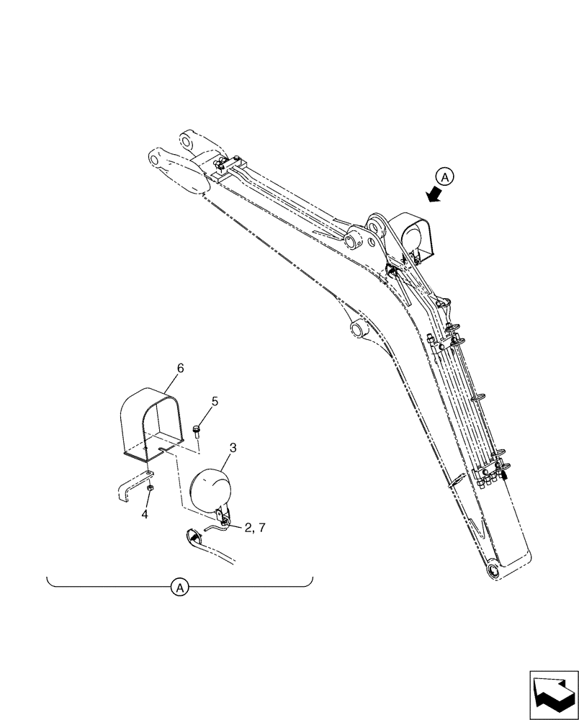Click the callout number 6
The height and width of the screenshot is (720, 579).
coord(180,368)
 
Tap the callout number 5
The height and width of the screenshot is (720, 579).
coord(214,400)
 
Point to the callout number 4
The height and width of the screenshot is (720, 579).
coord(145,515)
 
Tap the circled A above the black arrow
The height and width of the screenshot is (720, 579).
coord(446,176)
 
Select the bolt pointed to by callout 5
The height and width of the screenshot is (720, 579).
coord(197,431)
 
